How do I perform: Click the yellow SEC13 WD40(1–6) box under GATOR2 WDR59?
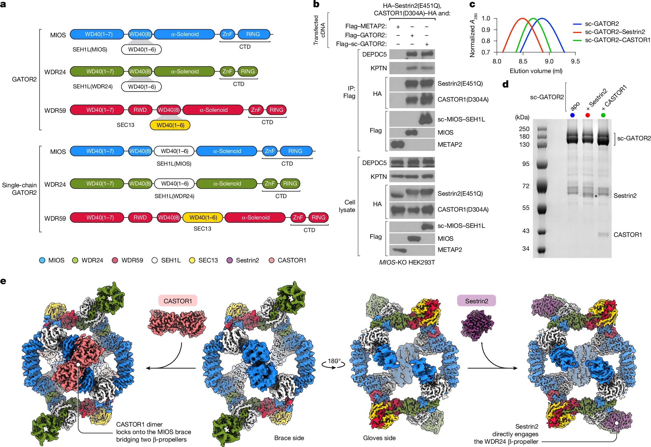tap(170, 125)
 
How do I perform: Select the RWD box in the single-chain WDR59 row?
tap(140, 217)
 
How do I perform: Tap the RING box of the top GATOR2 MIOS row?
tap(253, 34)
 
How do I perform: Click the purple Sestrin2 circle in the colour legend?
tap(230, 260)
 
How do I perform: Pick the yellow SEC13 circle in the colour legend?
tap(192, 260)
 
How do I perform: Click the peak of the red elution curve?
tap(522, 18)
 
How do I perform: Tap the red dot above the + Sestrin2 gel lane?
tap(587, 115)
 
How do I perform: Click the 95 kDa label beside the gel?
tap(526, 164)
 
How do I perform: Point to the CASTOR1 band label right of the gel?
tap(628, 235)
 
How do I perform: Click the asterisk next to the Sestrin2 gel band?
tap(596, 196)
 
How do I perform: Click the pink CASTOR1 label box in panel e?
tap(178, 301)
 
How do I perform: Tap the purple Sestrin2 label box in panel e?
tap(476, 301)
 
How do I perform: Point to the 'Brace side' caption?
tap(289, 438)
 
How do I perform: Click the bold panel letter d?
tap(506, 84)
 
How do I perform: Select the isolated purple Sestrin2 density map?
tap(477, 326)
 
